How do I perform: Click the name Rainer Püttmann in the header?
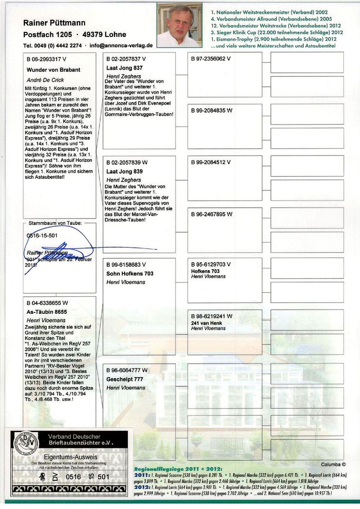pos(54,22)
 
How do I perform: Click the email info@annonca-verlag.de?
pos(121,45)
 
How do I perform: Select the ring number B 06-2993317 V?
pos(46,59)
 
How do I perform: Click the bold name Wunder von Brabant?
pos(54,70)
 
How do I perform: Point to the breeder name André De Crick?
pos(45,80)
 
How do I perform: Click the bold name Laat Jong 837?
pos(124,67)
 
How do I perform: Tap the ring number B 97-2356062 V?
pos(211,58)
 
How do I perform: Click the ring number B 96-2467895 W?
pos(211,214)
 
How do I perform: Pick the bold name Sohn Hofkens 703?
pos(130,273)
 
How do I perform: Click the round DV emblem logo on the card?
pos(26,443)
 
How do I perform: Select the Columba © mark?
pos(333,464)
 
